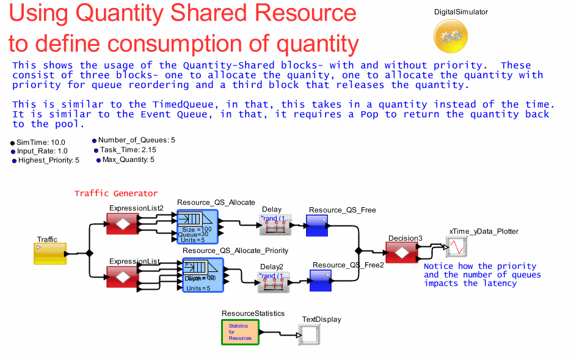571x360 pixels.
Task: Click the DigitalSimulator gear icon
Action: pyautogui.click(x=451, y=35)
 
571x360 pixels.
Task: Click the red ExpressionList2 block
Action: pyautogui.click(x=123, y=224)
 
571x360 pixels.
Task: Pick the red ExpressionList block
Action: pyautogui.click(x=123, y=276)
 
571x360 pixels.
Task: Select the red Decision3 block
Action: pyautogui.click(x=402, y=251)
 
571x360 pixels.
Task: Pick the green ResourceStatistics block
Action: pyautogui.click(x=240, y=331)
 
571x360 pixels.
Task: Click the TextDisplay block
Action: pyautogui.click(x=310, y=334)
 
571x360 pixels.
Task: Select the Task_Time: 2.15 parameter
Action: pyautogui.click(x=125, y=150)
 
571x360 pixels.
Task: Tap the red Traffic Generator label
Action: pyautogui.click(x=116, y=193)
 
